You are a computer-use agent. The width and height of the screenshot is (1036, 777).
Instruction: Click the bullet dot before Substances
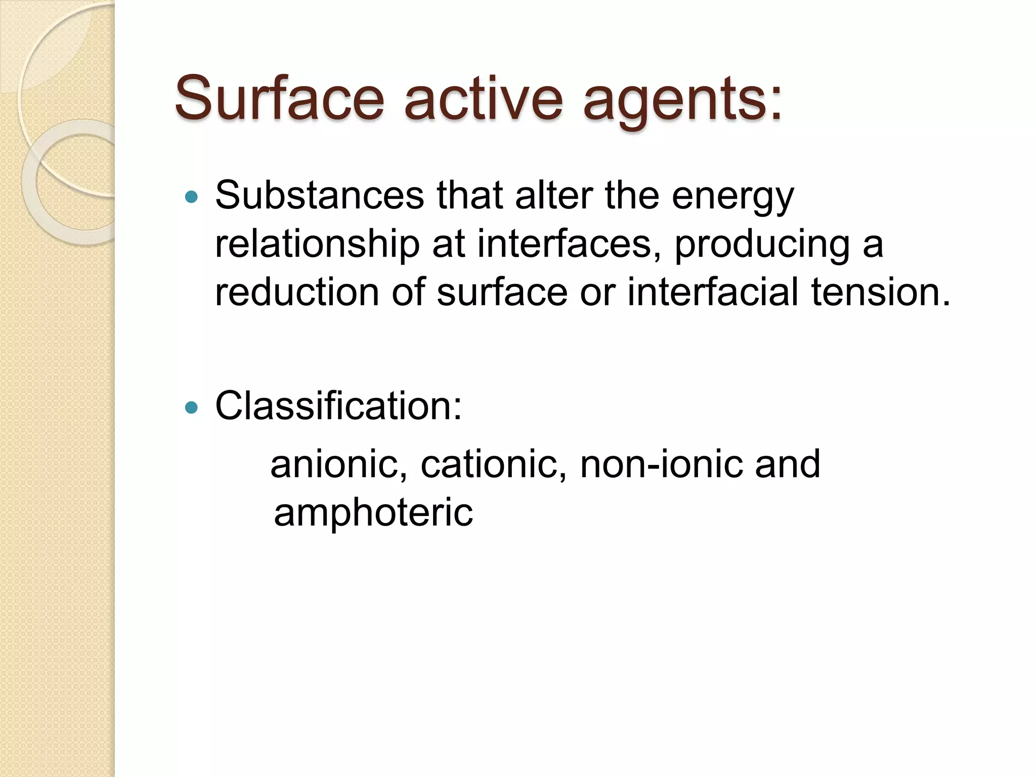[191, 196]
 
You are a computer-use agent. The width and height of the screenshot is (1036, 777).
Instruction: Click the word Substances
[320, 195]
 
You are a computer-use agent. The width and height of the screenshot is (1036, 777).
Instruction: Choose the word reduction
[297, 292]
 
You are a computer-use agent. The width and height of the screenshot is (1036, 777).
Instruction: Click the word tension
[881, 292]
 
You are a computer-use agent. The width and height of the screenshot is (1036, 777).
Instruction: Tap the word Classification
[338, 406]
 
